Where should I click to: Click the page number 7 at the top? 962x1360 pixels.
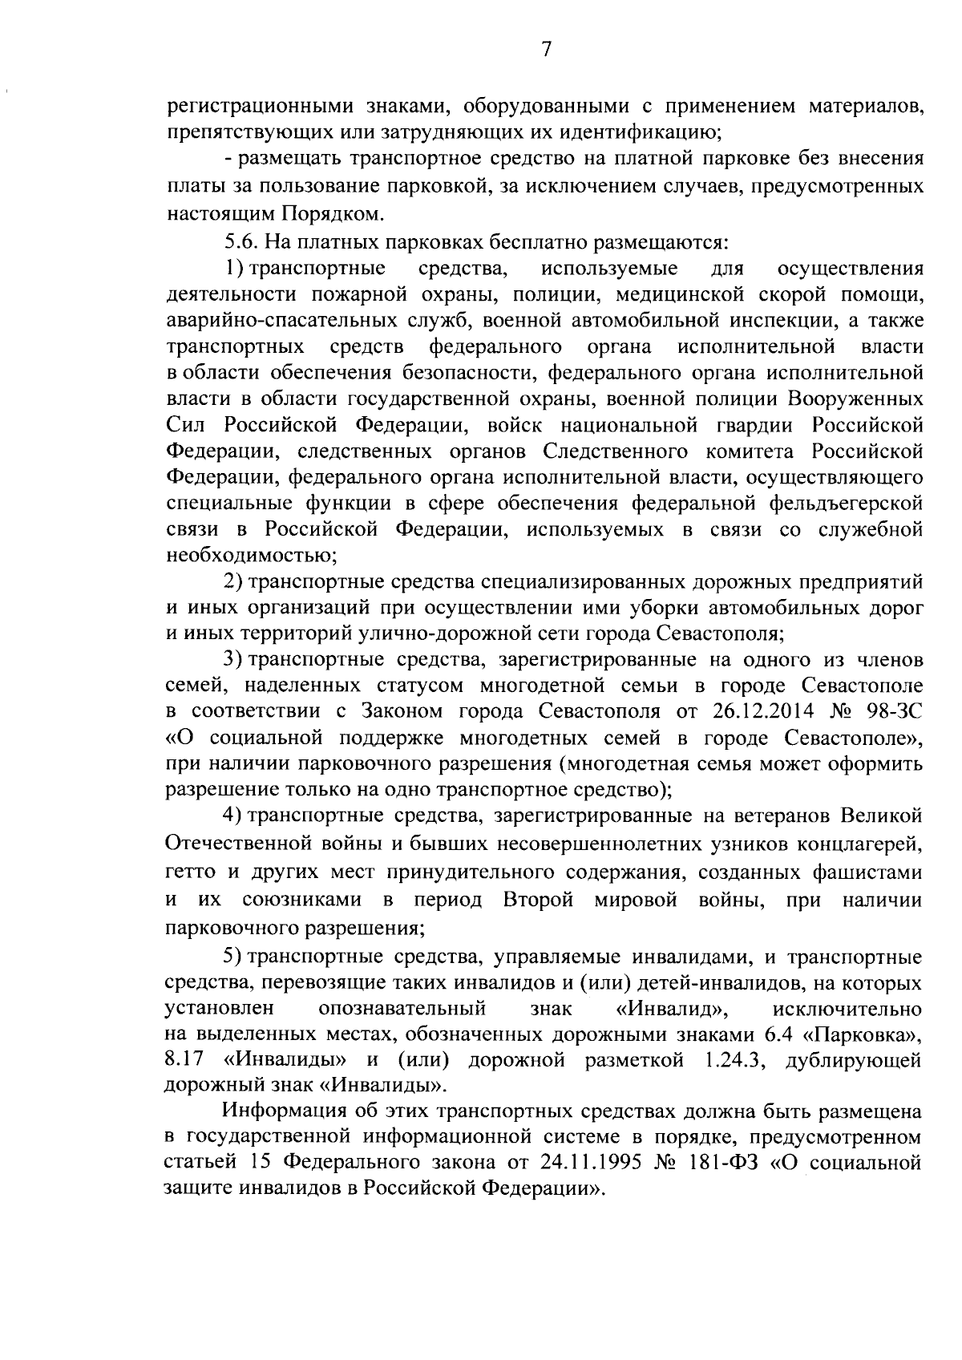pos(546,50)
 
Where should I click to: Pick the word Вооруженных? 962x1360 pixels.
pos(855,399)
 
